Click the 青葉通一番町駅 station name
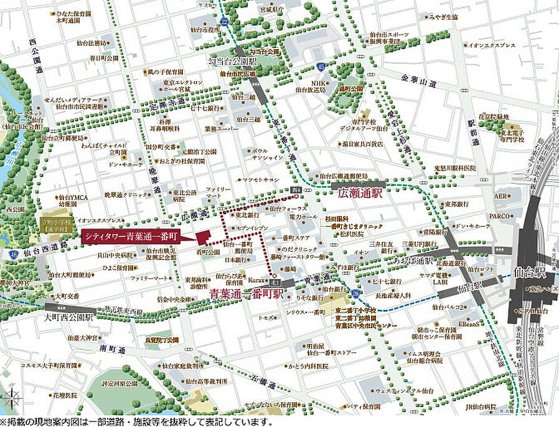[x=247, y=291]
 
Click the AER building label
[x=500, y=195]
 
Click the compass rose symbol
[x=11, y=398]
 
